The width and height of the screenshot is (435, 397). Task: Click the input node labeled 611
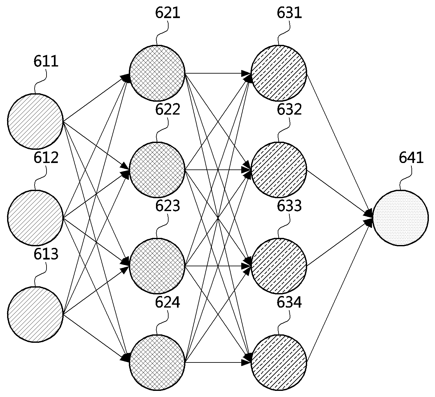pos(35,121)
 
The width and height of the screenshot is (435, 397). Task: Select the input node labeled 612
pos(35,218)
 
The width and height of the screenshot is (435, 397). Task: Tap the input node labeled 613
pos(35,314)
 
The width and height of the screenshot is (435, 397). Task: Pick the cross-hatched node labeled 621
pos(157,73)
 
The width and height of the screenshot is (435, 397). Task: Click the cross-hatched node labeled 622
pos(157,170)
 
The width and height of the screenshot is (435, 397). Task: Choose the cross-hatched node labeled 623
pos(157,266)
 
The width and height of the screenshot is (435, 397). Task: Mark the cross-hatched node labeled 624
pos(157,363)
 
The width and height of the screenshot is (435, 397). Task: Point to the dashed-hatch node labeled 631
pos(279,73)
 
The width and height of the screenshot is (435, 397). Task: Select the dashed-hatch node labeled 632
pos(279,170)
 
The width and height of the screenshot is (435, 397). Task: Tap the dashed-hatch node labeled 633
pos(279,266)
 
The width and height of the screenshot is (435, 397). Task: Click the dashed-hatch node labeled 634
pos(279,363)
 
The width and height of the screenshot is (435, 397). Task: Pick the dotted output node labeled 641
pos(401,218)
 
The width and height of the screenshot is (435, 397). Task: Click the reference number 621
pos(168,13)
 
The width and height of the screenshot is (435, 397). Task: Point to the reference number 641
pos(411,158)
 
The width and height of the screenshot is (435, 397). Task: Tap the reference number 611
pos(46,61)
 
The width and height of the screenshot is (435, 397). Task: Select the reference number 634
pos(289,302)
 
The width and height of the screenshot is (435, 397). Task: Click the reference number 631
pos(289,13)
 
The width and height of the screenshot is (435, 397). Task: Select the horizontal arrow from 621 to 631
pos(218,73)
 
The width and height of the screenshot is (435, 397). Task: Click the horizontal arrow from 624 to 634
pos(218,362)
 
